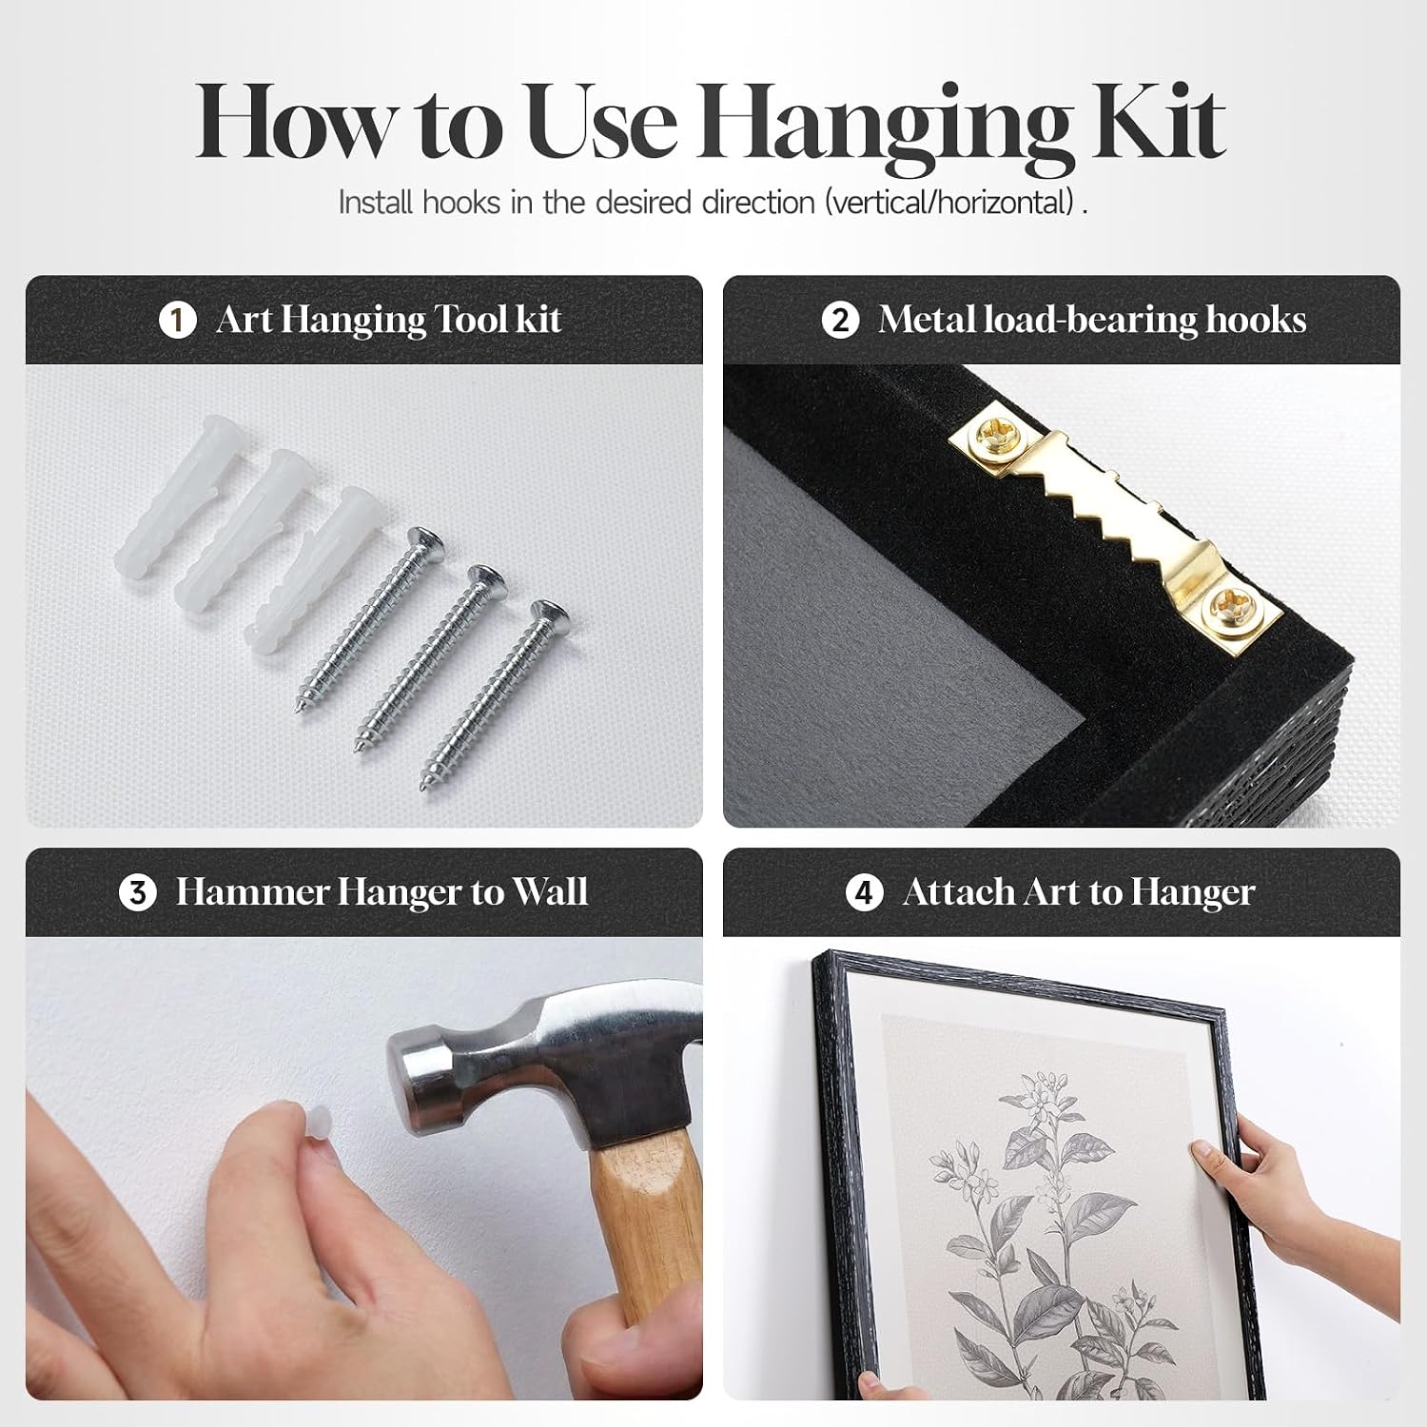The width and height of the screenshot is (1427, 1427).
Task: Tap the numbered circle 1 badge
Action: (x=177, y=320)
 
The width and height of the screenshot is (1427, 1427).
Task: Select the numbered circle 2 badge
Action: (x=840, y=320)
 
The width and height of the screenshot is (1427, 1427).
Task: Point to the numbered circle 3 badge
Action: (x=138, y=892)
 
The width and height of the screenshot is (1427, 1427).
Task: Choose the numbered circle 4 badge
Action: (x=864, y=892)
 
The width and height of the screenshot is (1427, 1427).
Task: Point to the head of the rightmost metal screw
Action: (x=549, y=615)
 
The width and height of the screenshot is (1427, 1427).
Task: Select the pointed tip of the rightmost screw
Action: (x=423, y=789)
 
